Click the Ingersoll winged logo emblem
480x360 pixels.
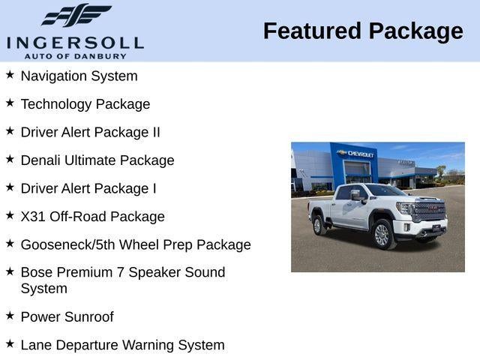pos(76,15)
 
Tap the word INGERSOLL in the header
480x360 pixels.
pos(75,42)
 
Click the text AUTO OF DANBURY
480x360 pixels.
pos(75,55)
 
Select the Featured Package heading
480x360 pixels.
pos(363,31)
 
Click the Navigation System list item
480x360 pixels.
pos(79,76)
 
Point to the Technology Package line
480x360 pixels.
pos(85,104)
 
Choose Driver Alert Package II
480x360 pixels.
pos(90,132)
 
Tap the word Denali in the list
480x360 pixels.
pos(43,160)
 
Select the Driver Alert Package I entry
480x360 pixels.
pos(88,188)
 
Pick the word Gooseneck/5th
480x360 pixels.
pos(67,244)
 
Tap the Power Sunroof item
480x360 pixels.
pos(67,317)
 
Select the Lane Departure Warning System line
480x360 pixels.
pos(122,345)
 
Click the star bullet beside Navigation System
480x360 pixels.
pos(10,75)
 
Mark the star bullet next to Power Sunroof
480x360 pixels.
pos(10,316)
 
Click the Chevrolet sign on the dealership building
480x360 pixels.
pos(361,153)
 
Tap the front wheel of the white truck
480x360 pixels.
pos(382,235)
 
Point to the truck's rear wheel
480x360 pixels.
pos(318,223)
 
